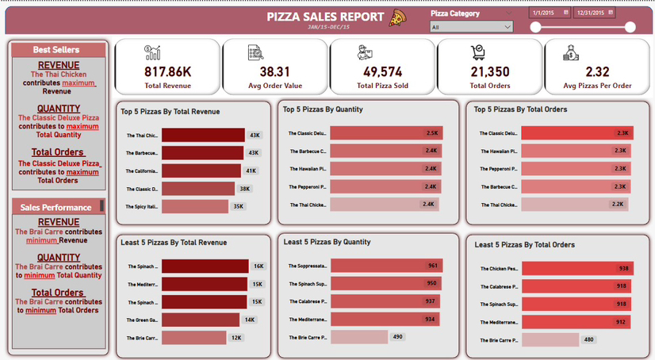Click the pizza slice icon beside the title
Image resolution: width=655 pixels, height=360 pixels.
click(x=397, y=17)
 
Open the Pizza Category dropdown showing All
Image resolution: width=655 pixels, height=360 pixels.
click(x=471, y=27)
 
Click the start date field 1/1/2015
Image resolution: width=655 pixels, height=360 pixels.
click(x=550, y=13)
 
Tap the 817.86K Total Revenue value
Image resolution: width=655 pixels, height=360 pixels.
click(x=167, y=71)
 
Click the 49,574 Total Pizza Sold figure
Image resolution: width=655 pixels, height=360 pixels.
click(x=382, y=71)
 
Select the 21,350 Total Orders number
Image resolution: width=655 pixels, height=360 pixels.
click(x=489, y=71)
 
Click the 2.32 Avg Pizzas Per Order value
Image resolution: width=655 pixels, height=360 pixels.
click(x=597, y=71)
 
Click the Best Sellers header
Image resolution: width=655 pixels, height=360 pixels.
click(x=56, y=50)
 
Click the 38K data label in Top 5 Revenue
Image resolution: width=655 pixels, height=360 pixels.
click(x=245, y=189)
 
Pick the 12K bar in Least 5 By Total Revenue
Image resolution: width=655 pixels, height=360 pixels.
click(x=193, y=338)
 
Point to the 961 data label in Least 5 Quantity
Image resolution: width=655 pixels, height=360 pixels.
click(x=432, y=266)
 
